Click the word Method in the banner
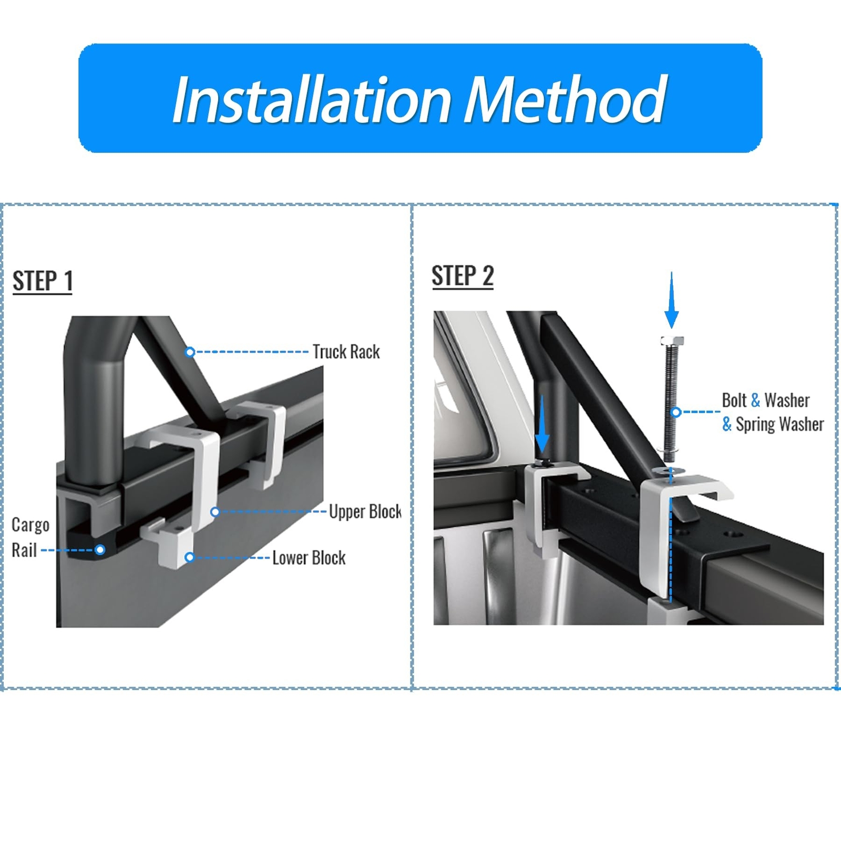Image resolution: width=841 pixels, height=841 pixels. click(x=565, y=100)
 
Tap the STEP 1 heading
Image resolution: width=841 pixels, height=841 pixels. click(x=42, y=281)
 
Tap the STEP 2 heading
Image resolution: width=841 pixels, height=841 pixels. click(x=463, y=276)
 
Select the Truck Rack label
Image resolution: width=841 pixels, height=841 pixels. click(x=346, y=352)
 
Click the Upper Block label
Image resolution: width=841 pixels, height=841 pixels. click(x=365, y=511)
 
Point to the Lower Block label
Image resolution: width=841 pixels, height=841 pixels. click(x=309, y=558)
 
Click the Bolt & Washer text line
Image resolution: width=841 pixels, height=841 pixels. click(x=765, y=401)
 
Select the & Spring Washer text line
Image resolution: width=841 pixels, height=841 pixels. click(x=773, y=424)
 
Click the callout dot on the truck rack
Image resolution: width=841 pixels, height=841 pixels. click(x=190, y=352)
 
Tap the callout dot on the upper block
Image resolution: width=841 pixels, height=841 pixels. click(x=215, y=511)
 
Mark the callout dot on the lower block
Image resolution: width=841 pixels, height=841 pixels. click(x=190, y=557)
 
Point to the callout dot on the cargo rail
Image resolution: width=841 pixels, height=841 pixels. click(x=100, y=550)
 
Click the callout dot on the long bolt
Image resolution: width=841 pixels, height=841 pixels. click(x=677, y=412)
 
